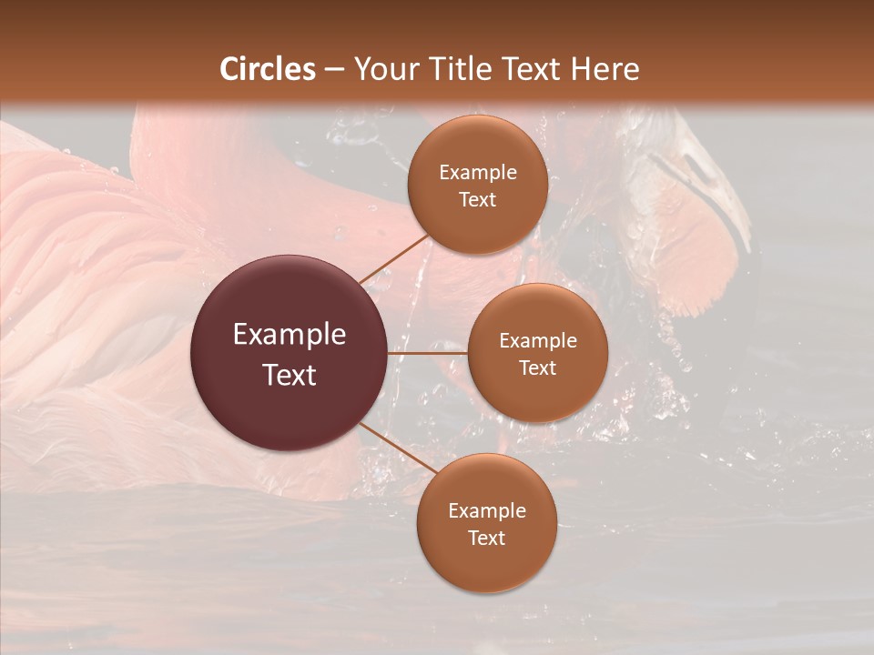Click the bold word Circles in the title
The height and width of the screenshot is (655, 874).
[x=268, y=68]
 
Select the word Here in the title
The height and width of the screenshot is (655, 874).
[x=605, y=68]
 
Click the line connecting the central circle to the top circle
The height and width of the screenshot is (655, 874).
[x=392, y=258]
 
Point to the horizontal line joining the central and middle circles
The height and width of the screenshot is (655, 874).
[x=428, y=353]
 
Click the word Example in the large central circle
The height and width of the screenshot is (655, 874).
[x=290, y=335]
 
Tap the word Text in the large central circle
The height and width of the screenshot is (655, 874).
[x=290, y=375]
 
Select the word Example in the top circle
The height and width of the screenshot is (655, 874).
[x=478, y=173]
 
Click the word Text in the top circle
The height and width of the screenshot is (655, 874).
[x=478, y=199]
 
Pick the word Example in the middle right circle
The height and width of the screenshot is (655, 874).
[x=538, y=341]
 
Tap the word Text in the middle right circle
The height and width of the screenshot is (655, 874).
[x=538, y=368]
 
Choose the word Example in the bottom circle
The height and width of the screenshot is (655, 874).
[x=487, y=511]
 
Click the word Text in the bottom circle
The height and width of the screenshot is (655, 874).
[x=487, y=538]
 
